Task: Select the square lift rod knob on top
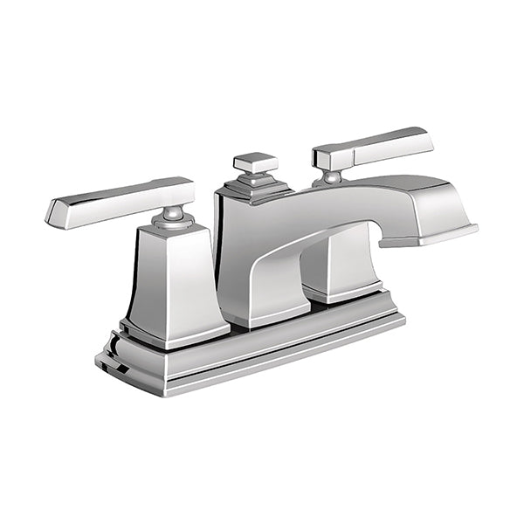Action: point(256,162)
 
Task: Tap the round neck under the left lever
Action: point(176,216)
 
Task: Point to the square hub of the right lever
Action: point(325,157)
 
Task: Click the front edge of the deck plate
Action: point(262,362)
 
